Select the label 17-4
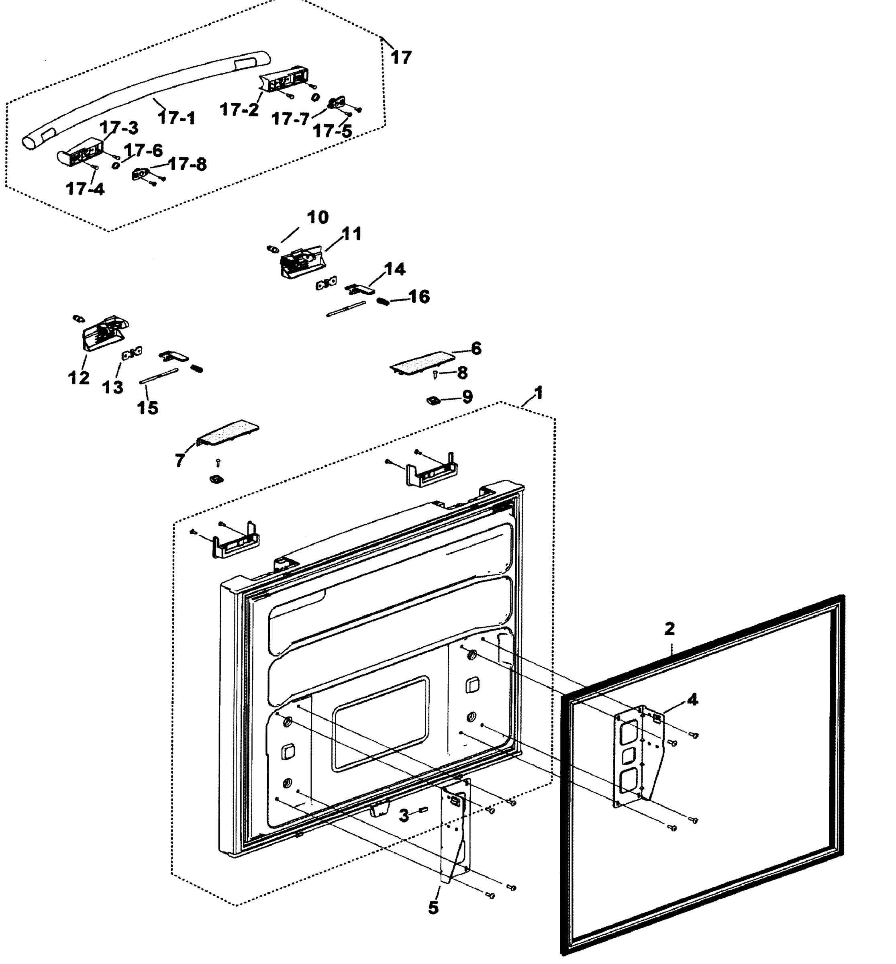[x=85, y=189]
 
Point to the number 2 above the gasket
[x=669, y=629]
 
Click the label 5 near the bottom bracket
[x=433, y=908]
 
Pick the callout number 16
[x=419, y=296]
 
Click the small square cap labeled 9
[x=432, y=400]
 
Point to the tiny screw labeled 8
[x=436, y=374]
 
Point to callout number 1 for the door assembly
[x=538, y=393]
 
